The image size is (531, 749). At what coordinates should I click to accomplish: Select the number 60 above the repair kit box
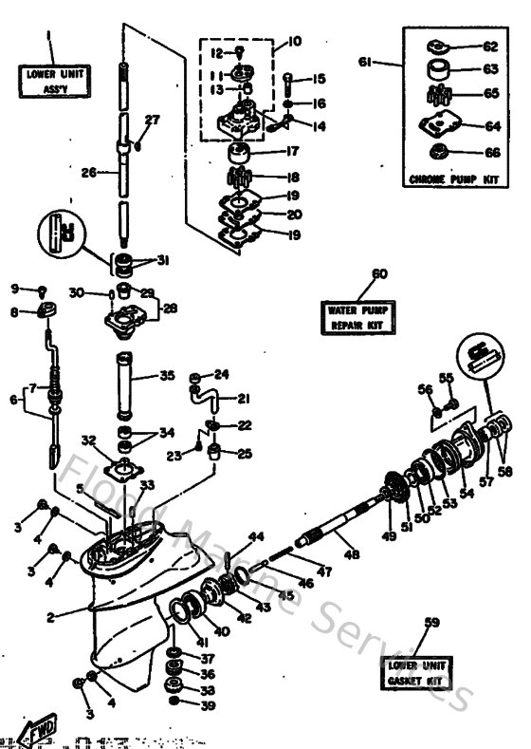(x=379, y=273)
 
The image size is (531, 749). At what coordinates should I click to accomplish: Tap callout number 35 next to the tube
(x=167, y=376)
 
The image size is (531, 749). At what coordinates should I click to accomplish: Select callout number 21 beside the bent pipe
(x=243, y=399)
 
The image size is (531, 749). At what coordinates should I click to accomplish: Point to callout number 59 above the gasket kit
(x=432, y=623)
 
